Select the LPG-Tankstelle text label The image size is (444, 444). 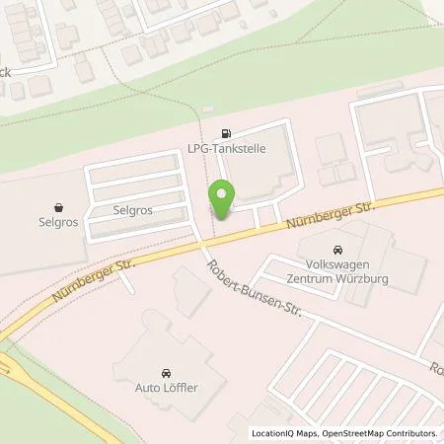coord(229,147)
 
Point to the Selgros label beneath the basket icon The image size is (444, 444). coord(61,224)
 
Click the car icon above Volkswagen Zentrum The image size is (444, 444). coord(338,250)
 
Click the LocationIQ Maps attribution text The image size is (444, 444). coord(286,433)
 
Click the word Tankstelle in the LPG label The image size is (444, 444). coord(242,147)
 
